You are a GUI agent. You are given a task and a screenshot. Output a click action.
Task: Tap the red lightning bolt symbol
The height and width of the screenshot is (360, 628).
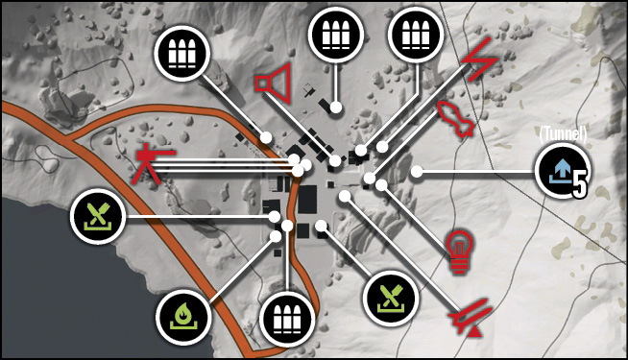click(479, 60)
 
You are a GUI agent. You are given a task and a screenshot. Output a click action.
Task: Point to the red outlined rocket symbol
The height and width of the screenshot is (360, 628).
click(456, 119)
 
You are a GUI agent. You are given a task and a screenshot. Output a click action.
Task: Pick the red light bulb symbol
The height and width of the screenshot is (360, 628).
click(460, 252)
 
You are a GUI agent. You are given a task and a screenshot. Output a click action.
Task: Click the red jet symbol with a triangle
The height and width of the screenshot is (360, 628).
click(471, 317)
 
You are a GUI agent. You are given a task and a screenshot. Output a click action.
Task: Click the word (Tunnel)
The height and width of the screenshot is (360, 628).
click(563, 134)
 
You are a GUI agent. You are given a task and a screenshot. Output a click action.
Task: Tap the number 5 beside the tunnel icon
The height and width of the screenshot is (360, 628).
click(580, 183)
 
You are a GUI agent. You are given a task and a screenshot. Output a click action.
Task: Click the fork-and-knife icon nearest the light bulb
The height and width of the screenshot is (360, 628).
click(391, 299)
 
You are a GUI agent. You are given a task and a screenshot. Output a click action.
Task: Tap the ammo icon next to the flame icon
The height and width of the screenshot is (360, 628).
click(287, 320)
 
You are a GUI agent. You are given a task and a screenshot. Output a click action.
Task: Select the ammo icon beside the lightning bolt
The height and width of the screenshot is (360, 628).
click(416, 35)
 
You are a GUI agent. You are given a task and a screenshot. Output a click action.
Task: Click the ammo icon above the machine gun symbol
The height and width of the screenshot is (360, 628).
click(182, 53)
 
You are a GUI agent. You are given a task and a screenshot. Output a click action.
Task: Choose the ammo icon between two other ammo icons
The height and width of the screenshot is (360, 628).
click(336, 35)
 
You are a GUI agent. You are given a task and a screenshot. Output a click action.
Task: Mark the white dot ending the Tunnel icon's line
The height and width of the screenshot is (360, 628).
click(417, 172)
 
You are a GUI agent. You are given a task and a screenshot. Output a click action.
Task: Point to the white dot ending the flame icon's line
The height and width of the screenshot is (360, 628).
click(276, 236)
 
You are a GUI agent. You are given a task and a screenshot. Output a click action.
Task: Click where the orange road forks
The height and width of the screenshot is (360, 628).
click(72, 140)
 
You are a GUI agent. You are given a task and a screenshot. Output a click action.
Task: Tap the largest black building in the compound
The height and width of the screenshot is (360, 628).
click(307, 200)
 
